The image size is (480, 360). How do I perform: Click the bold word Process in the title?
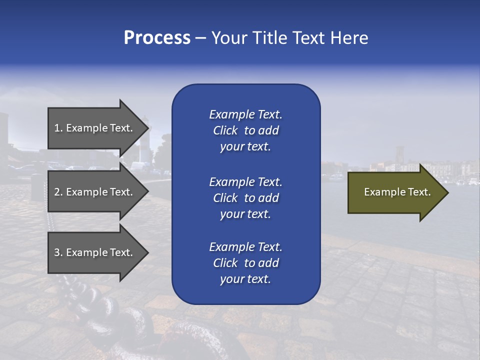point(157,38)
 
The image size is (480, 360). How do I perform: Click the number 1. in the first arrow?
point(58,128)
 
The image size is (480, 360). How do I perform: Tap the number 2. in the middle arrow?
point(58,192)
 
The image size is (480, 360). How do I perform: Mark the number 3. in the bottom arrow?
point(58,252)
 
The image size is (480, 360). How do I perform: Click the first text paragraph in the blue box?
point(245,130)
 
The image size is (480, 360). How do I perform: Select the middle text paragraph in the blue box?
point(245,198)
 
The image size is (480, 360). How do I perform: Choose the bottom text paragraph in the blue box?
point(245,263)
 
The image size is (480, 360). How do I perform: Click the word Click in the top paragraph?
point(225,130)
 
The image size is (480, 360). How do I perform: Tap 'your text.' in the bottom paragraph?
point(245,279)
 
